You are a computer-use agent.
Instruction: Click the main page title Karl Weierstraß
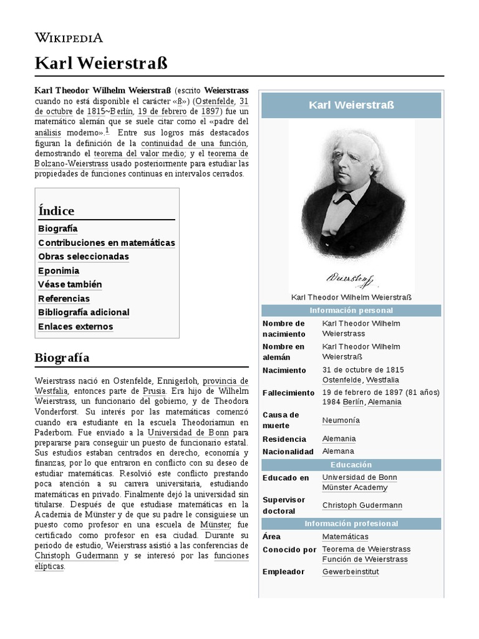[101, 63]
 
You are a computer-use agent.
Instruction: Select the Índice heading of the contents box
[56, 211]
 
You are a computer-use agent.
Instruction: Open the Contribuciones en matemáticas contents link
[107, 243]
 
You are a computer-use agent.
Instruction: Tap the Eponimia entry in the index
[59, 271]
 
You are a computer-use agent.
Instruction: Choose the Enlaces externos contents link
[75, 326]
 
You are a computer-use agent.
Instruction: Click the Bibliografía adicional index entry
[84, 312]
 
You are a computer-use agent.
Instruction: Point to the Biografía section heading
[62, 358]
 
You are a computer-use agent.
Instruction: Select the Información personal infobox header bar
[351, 311]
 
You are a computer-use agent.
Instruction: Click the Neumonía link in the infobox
[341, 421]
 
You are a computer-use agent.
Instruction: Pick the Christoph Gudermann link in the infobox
[362, 505]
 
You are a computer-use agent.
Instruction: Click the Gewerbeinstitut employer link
[351, 572]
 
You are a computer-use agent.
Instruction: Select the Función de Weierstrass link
[365, 559]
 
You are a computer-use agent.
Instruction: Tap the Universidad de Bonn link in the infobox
[359, 477]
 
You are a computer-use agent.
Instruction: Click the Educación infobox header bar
[351, 465]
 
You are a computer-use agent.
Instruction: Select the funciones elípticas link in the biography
[213, 555]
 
